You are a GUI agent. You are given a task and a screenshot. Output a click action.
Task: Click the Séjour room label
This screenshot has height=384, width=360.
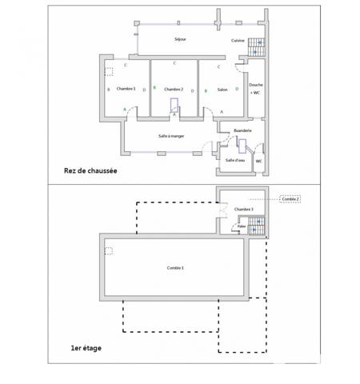click(180, 39)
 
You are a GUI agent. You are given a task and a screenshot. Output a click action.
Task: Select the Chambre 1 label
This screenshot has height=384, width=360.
click(126, 89)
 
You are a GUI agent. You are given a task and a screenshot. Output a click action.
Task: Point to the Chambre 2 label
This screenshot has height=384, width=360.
click(174, 89)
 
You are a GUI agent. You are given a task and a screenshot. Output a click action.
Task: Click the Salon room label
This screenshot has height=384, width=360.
click(222, 89)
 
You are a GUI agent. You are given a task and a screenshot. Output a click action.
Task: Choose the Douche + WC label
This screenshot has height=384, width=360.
click(256, 89)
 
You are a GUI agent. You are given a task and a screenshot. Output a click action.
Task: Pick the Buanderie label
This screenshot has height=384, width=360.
click(242, 130)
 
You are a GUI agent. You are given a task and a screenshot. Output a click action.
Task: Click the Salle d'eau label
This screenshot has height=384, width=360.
click(235, 160)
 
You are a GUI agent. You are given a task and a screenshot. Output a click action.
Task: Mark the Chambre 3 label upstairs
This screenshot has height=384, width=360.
click(244, 210)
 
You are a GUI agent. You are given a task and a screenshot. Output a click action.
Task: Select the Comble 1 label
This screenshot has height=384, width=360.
click(175, 267)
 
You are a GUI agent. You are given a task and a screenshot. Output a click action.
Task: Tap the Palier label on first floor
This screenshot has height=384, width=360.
click(242, 226)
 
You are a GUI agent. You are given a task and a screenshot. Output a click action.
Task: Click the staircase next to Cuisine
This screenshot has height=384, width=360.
click(255, 46)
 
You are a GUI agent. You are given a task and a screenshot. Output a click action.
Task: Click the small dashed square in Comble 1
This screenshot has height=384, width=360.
click(109, 251)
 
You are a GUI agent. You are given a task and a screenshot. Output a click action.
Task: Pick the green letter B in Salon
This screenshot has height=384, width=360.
click(206, 90)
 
